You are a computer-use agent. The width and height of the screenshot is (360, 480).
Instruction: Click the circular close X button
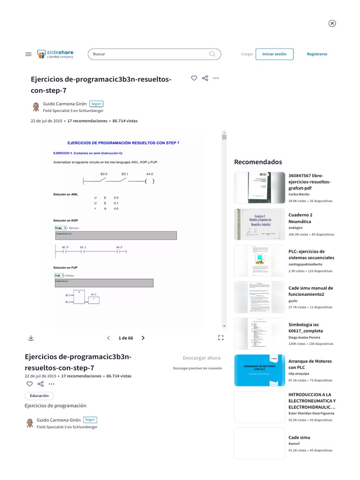(x=332, y=23)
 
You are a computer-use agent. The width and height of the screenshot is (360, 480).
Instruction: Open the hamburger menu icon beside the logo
(x=28, y=54)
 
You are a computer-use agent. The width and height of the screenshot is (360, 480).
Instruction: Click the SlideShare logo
(x=55, y=54)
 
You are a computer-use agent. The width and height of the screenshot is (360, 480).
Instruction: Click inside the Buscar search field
(x=148, y=54)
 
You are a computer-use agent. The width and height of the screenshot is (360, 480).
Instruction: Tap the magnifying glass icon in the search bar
(x=213, y=54)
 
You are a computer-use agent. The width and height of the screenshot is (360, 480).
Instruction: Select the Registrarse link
(x=317, y=54)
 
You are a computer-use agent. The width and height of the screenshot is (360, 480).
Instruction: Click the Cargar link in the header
(x=247, y=54)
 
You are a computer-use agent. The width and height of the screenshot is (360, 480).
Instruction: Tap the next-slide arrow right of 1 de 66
(x=143, y=337)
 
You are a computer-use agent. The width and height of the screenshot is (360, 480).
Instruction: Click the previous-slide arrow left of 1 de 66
(x=109, y=337)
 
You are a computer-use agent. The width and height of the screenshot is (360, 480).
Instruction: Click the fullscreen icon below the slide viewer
(x=221, y=337)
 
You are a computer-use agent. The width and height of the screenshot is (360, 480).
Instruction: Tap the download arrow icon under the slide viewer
(x=30, y=337)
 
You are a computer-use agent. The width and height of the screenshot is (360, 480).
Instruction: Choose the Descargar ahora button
(x=202, y=358)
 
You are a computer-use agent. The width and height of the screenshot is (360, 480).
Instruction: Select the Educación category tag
(x=39, y=396)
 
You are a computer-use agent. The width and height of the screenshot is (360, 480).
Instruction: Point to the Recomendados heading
(x=258, y=162)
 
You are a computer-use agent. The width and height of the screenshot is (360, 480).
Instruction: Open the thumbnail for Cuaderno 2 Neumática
(x=259, y=224)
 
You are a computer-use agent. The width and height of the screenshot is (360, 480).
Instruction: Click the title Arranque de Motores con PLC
(x=310, y=364)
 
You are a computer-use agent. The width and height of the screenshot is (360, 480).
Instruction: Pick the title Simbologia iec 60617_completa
(x=306, y=328)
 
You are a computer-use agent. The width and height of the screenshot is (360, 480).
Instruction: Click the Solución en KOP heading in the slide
(x=66, y=220)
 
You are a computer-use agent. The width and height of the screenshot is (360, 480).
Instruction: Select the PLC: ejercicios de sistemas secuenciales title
(x=311, y=255)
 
